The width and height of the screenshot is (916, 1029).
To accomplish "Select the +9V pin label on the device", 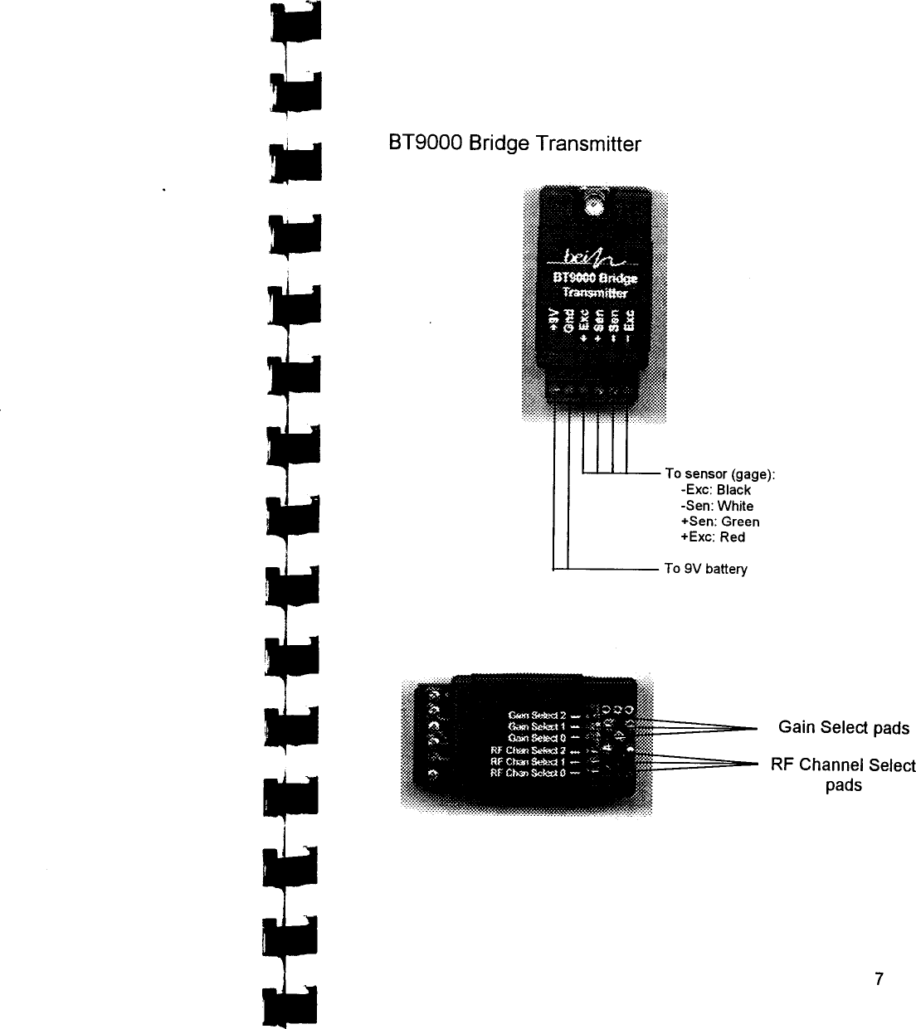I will [x=553, y=320].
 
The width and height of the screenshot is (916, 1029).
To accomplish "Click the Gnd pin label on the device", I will [x=568, y=321].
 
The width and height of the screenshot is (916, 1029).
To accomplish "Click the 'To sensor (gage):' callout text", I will [x=720, y=474].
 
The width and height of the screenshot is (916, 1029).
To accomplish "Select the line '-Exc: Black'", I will [x=715, y=490].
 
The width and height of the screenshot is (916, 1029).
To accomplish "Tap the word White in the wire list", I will [x=735, y=506].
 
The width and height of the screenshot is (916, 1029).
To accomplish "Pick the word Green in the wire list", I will [x=740, y=522].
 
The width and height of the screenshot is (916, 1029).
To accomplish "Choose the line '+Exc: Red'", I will [x=713, y=537].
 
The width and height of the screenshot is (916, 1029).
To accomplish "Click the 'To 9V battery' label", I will [x=706, y=569].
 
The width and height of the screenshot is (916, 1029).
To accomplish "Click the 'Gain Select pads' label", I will [x=843, y=728].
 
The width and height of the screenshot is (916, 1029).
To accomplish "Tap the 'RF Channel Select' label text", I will [x=843, y=765].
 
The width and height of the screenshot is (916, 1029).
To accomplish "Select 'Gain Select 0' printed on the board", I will [x=536, y=738].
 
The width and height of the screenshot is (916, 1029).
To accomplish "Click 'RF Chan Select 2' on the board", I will [x=529, y=750].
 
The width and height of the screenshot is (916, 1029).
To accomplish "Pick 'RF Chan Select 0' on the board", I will [x=529, y=773].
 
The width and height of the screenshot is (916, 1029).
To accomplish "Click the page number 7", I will [x=879, y=978].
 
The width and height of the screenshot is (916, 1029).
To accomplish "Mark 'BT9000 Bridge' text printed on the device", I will [x=595, y=277].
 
